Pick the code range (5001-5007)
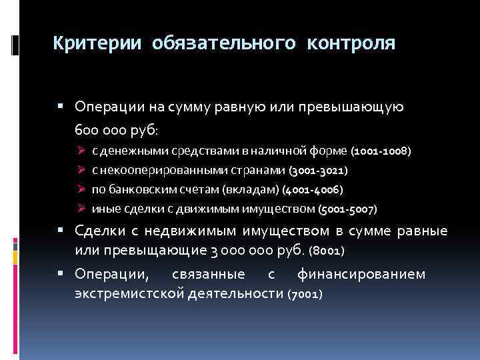(347, 209)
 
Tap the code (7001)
(305, 293)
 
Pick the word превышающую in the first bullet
(356, 107)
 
